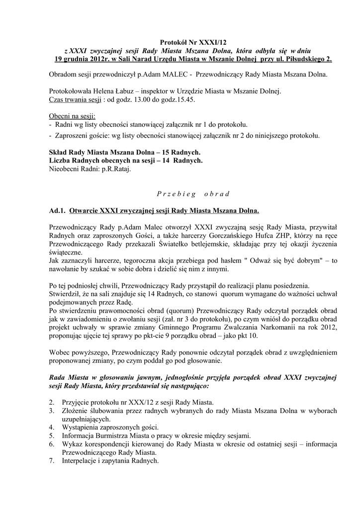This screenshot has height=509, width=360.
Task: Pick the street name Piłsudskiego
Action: pos(304,59)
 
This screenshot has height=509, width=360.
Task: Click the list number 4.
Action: pos(52,427)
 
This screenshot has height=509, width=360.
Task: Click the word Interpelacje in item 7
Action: pos(81,461)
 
